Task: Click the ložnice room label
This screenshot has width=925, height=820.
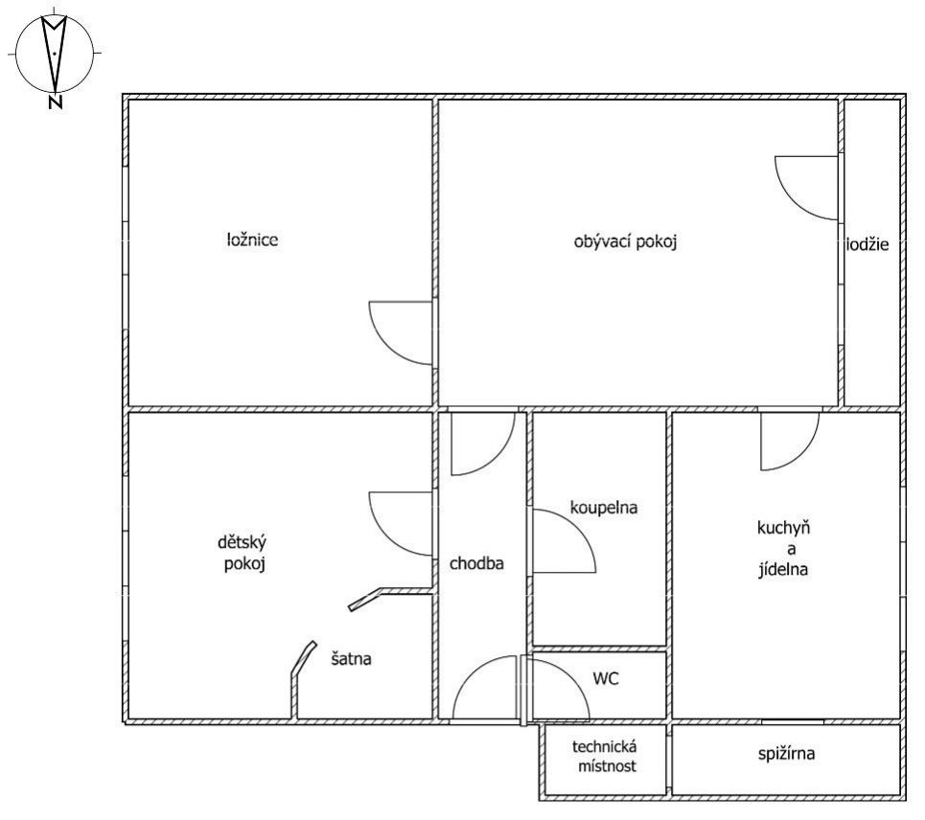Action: coord(252,239)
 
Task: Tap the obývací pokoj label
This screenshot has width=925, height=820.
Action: coord(625,241)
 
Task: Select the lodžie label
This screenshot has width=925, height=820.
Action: coord(867,244)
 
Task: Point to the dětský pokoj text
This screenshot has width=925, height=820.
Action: coord(243,553)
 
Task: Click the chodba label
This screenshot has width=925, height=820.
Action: coord(476,563)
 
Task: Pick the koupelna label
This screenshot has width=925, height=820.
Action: coord(604,508)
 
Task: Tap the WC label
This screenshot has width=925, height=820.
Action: coord(606,678)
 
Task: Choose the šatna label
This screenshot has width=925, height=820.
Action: coord(351,658)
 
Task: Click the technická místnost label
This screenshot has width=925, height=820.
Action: coord(605,757)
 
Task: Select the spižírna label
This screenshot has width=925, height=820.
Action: coord(786,753)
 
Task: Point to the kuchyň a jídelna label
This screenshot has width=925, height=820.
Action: coord(783,549)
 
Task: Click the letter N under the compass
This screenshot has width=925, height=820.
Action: coord(56,102)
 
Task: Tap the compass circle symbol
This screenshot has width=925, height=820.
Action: coord(55,53)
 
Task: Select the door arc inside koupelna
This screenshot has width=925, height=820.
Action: coord(581,531)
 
